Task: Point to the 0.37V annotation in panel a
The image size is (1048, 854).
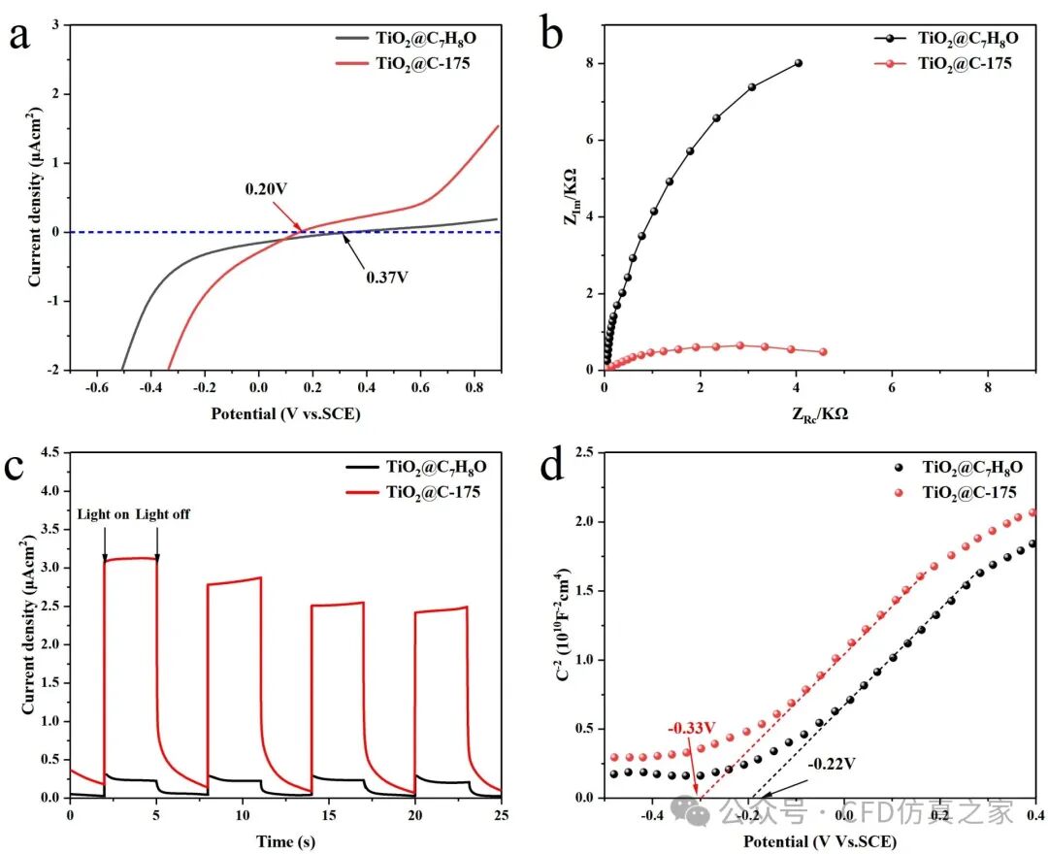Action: pos(386,277)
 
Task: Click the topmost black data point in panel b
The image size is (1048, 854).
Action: pos(798,63)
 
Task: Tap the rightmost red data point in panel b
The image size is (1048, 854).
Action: pos(823,351)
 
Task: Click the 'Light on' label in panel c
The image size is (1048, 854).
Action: pos(103,514)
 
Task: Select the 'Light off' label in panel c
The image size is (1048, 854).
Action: pos(163,514)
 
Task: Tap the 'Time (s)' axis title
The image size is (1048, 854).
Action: pos(285,840)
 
